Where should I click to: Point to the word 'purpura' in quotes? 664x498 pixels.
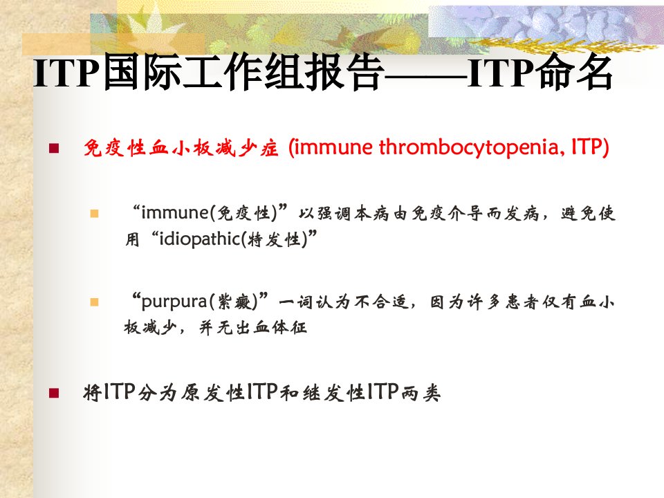[174, 302]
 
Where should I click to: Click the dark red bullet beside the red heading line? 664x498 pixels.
[54, 148]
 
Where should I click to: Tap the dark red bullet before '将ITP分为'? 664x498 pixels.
[54, 393]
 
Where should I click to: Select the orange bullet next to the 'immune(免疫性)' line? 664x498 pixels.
[94, 214]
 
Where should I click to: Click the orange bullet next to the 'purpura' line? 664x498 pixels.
[94, 302]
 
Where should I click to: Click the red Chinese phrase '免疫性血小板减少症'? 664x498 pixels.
[181, 148]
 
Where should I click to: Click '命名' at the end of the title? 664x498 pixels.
[574, 72]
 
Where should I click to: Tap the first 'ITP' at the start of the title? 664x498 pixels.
[68, 73]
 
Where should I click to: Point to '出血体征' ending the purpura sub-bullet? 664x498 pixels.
[270, 327]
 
